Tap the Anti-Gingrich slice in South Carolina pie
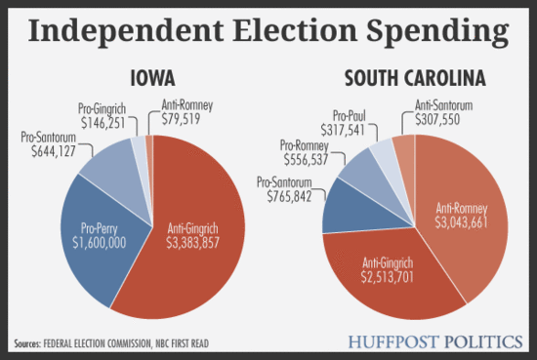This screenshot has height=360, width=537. click(x=386, y=268)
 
